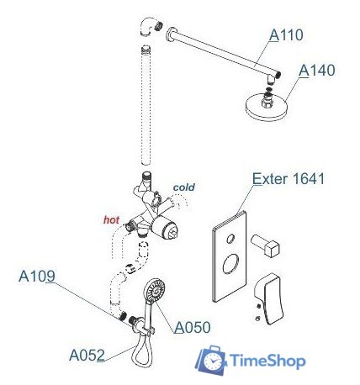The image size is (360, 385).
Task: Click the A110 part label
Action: (x=286, y=35)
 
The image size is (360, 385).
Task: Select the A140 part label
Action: (x=317, y=71)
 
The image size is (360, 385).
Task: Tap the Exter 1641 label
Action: (x=289, y=178)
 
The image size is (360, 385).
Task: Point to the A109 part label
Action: (x=37, y=277)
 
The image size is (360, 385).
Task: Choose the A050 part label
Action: (x=193, y=327)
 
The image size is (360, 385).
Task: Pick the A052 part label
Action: (x=87, y=356)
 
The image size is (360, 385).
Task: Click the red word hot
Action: (x=111, y=220)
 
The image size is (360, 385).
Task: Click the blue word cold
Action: (x=184, y=187)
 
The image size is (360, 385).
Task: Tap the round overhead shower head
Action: (x=267, y=107)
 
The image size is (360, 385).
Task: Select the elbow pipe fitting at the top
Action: (x=148, y=26)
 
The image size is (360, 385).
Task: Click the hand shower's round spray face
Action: (x=154, y=290)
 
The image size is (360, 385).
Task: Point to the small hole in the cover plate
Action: (x=230, y=239)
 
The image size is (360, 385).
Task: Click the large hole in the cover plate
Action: (x=230, y=263)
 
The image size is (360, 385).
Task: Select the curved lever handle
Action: (x=270, y=298)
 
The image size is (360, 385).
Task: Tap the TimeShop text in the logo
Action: (x=267, y=361)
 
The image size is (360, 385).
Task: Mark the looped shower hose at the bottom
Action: (x=142, y=351)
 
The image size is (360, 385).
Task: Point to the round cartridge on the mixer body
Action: (x=165, y=227)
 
